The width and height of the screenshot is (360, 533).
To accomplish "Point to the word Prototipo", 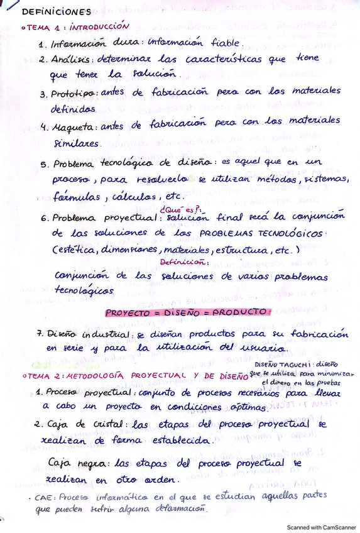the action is [x=74, y=93].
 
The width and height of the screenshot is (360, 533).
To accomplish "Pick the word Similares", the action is [x=77, y=143].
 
